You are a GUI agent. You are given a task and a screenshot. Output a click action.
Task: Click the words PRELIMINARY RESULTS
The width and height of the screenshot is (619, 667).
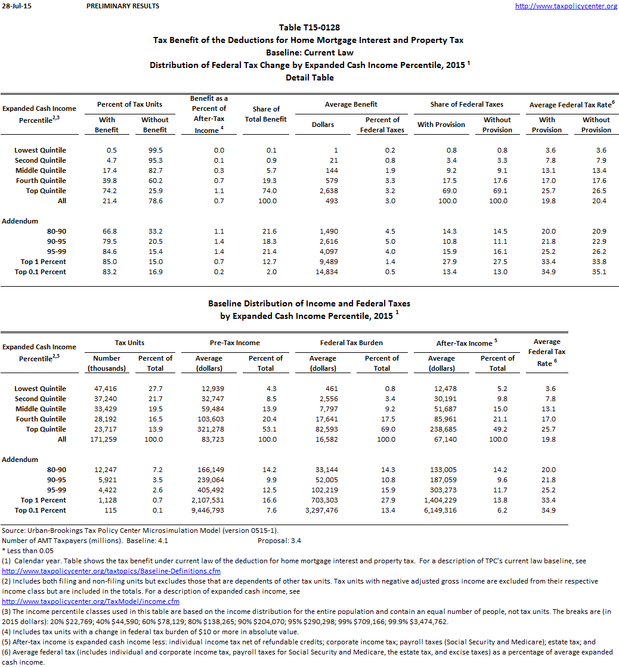123,6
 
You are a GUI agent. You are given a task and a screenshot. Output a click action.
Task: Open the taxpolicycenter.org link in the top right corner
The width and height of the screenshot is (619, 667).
566,6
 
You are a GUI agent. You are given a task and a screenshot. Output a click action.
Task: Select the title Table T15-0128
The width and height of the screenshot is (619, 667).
309,27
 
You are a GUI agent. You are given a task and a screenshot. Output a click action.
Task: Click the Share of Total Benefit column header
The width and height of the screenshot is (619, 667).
266,114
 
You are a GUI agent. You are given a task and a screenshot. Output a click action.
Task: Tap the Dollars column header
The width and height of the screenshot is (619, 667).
323,125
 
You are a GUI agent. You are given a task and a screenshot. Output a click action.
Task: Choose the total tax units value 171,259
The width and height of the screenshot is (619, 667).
104,439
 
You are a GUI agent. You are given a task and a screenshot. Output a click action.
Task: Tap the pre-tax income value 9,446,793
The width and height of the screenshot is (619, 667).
209,510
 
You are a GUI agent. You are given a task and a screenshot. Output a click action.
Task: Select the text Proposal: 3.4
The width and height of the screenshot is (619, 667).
279,541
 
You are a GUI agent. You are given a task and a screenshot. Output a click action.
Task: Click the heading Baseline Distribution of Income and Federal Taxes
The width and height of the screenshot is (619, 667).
309,303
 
